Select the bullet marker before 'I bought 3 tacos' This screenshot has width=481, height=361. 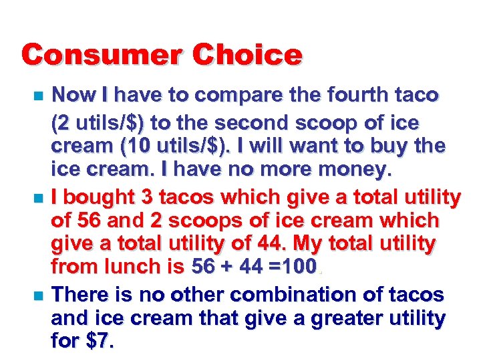pyautogui.click(x=37, y=199)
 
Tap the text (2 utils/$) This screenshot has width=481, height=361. pyautogui.click(x=98, y=124)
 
